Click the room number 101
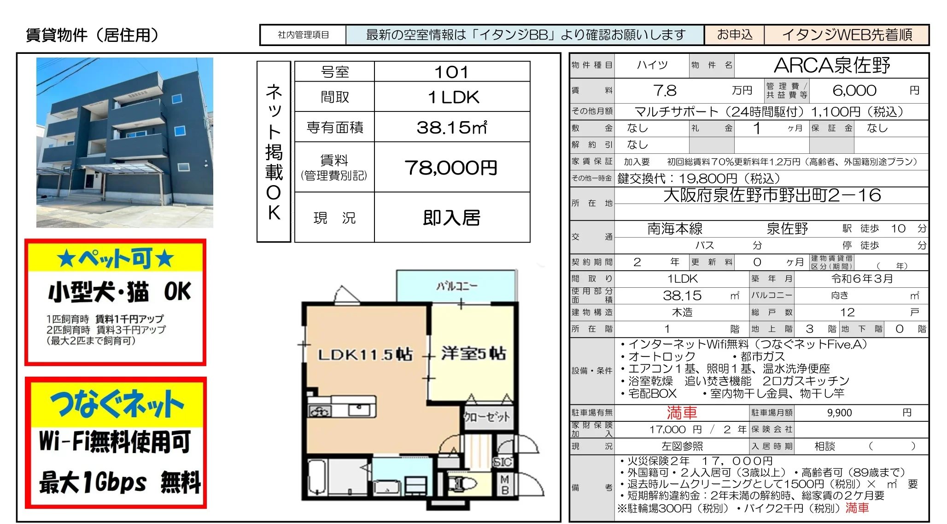pos(451,72)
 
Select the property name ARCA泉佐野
pos(832,65)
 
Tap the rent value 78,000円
pos(451,168)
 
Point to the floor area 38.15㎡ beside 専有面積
pos(451,128)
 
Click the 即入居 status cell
pos(452,218)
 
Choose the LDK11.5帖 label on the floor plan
pos(365,355)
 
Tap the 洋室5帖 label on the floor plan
pos(473,353)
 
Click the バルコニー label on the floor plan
pos(457,286)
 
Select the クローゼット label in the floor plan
pos(487,417)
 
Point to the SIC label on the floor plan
pos(503,462)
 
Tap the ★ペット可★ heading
pos(116,258)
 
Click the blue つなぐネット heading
pos(117,404)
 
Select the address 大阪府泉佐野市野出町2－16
pos(772,195)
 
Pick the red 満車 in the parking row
pos(682,413)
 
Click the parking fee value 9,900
pos(839,413)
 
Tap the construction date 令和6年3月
pos(862,279)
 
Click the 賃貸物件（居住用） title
pos(92,35)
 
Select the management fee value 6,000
pos(854,90)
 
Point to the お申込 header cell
pos(735,35)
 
